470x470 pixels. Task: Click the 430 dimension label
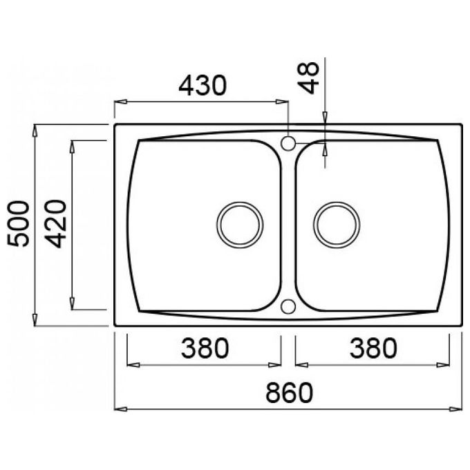click(x=203, y=86)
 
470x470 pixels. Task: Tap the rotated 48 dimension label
click(x=308, y=77)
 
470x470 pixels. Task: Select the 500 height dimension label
click(x=19, y=224)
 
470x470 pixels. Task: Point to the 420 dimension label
click(x=55, y=224)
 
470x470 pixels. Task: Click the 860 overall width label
click(x=290, y=393)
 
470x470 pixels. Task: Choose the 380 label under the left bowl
click(x=205, y=348)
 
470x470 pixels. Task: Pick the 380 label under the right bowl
click(x=373, y=348)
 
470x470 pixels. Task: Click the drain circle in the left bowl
click(x=240, y=225)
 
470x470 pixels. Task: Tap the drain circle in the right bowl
click(x=337, y=225)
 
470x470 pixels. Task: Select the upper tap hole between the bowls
click(x=288, y=143)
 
